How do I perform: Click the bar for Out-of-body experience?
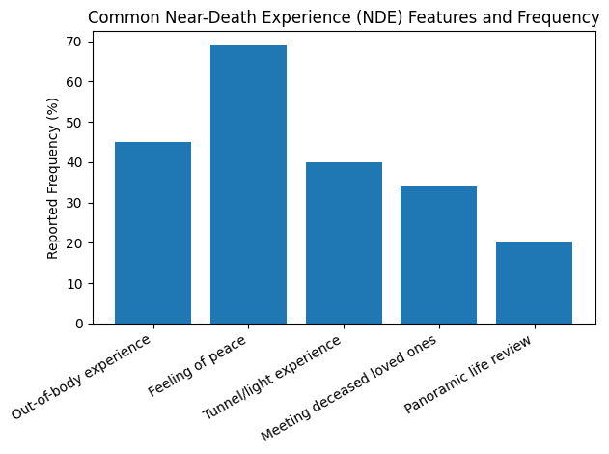point(152,233)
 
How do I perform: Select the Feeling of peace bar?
point(248,184)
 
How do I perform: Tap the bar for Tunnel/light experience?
point(344,242)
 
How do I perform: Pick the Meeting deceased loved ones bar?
point(438,255)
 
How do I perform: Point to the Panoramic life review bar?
point(534,283)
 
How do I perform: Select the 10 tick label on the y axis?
point(75,283)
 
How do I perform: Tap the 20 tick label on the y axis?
point(75,242)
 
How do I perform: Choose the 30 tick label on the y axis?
point(75,203)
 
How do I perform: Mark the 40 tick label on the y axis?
point(75,162)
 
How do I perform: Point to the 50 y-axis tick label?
point(75,122)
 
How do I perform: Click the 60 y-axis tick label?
point(75,81)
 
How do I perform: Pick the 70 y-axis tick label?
point(75,42)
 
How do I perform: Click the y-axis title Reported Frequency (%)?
point(54,178)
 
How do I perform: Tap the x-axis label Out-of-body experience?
point(83,377)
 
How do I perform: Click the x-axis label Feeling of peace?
point(200,363)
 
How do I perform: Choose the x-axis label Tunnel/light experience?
point(273,378)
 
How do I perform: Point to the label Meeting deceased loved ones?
point(350,387)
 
